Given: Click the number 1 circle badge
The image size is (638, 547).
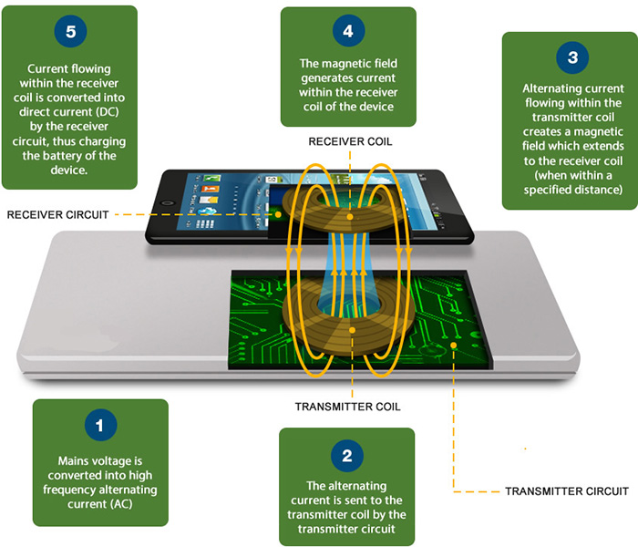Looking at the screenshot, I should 100,426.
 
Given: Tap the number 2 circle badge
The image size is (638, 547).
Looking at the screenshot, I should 346,454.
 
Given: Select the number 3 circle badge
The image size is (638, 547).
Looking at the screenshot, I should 571,57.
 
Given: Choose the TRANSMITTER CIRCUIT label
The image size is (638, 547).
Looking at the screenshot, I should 566,491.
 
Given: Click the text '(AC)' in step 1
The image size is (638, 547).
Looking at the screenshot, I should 100,504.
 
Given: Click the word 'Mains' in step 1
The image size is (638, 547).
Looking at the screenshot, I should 76,461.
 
